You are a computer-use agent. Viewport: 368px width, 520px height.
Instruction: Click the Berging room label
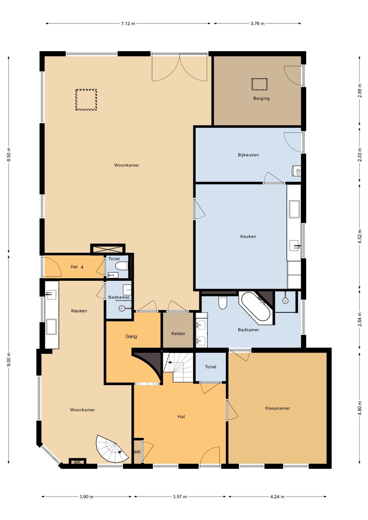click(261, 98)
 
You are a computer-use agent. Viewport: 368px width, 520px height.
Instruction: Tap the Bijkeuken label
click(248, 155)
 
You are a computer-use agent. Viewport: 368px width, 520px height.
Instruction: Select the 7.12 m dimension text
click(128, 24)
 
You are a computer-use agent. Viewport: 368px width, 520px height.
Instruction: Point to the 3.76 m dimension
click(257, 24)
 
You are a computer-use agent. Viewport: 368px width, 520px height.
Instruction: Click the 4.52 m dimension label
click(360, 236)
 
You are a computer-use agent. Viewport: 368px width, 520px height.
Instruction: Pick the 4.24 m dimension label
click(277, 496)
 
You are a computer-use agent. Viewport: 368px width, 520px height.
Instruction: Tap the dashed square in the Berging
click(259, 84)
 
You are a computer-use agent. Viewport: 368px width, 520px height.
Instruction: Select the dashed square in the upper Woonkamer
click(86, 100)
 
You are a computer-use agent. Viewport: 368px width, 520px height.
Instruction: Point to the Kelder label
click(178, 334)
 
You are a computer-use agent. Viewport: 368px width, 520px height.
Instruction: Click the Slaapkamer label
click(277, 408)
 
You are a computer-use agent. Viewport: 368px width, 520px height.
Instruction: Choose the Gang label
click(131, 336)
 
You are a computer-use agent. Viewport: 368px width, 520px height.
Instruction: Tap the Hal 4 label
click(77, 267)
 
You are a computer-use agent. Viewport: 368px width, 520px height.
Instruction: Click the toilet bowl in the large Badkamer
click(222, 303)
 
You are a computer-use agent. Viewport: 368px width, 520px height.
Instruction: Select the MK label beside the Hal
click(138, 452)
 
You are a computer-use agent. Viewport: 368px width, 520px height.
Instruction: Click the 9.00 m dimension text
click(9, 359)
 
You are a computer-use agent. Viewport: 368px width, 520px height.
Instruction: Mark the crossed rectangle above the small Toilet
click(108, 249)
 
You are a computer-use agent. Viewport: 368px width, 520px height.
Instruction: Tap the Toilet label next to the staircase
click(211, 367)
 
